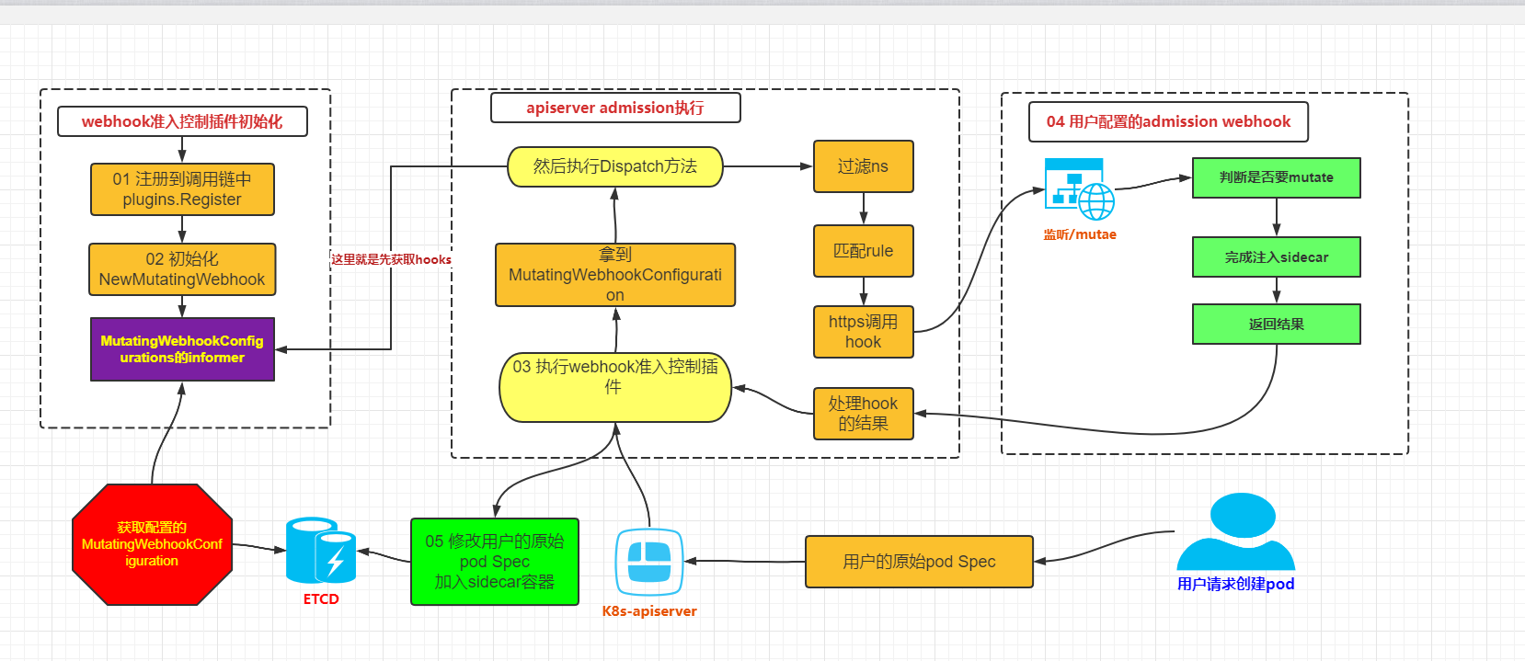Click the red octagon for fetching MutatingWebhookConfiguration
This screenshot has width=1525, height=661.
(152, 544)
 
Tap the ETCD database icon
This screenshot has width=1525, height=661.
(320, 552)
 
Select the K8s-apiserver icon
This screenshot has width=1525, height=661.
(649, 562)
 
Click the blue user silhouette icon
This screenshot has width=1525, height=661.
(1235, 533)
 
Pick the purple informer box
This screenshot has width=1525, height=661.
(182, 349)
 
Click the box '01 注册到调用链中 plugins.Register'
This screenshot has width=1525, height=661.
(182, 189)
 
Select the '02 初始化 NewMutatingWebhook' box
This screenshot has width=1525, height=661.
(182, 269)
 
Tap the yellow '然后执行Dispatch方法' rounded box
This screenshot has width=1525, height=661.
(614, 166)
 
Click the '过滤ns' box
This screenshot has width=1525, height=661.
(863, 166)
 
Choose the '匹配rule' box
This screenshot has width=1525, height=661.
(863, 251)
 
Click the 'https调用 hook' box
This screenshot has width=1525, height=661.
(863, 332)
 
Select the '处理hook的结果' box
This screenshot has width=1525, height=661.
(863, 414)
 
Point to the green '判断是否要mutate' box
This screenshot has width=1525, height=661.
(1276, 177)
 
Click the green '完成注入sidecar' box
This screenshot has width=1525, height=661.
(1276, 257)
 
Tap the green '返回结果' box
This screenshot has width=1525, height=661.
(1276, 325)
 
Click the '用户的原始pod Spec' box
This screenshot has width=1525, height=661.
(919, 562)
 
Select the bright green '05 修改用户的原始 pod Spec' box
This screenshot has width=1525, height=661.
(495, 562)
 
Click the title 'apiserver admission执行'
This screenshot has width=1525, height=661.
(614, 108)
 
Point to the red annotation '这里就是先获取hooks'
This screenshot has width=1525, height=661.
(391, 259)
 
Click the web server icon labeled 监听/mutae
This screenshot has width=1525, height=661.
(1079, 189)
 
